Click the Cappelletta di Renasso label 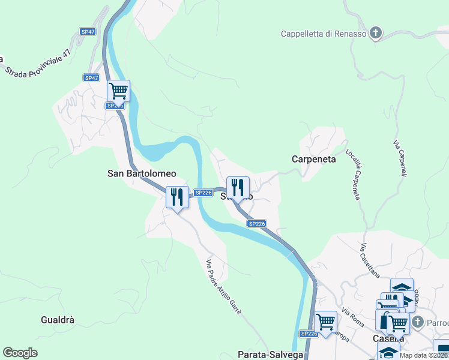(324, 34)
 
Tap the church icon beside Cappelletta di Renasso (376, 33)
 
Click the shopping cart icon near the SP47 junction (118, 91)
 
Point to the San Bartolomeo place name (142, 173)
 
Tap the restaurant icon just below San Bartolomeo (177, 196)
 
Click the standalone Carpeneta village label (314, 159)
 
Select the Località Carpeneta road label (353, 175)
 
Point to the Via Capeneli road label (400, 158)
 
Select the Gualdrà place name (58, 320)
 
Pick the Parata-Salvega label (271, 355)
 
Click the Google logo (20, 353)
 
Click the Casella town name (388, 338)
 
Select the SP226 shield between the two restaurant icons (203, 193)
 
